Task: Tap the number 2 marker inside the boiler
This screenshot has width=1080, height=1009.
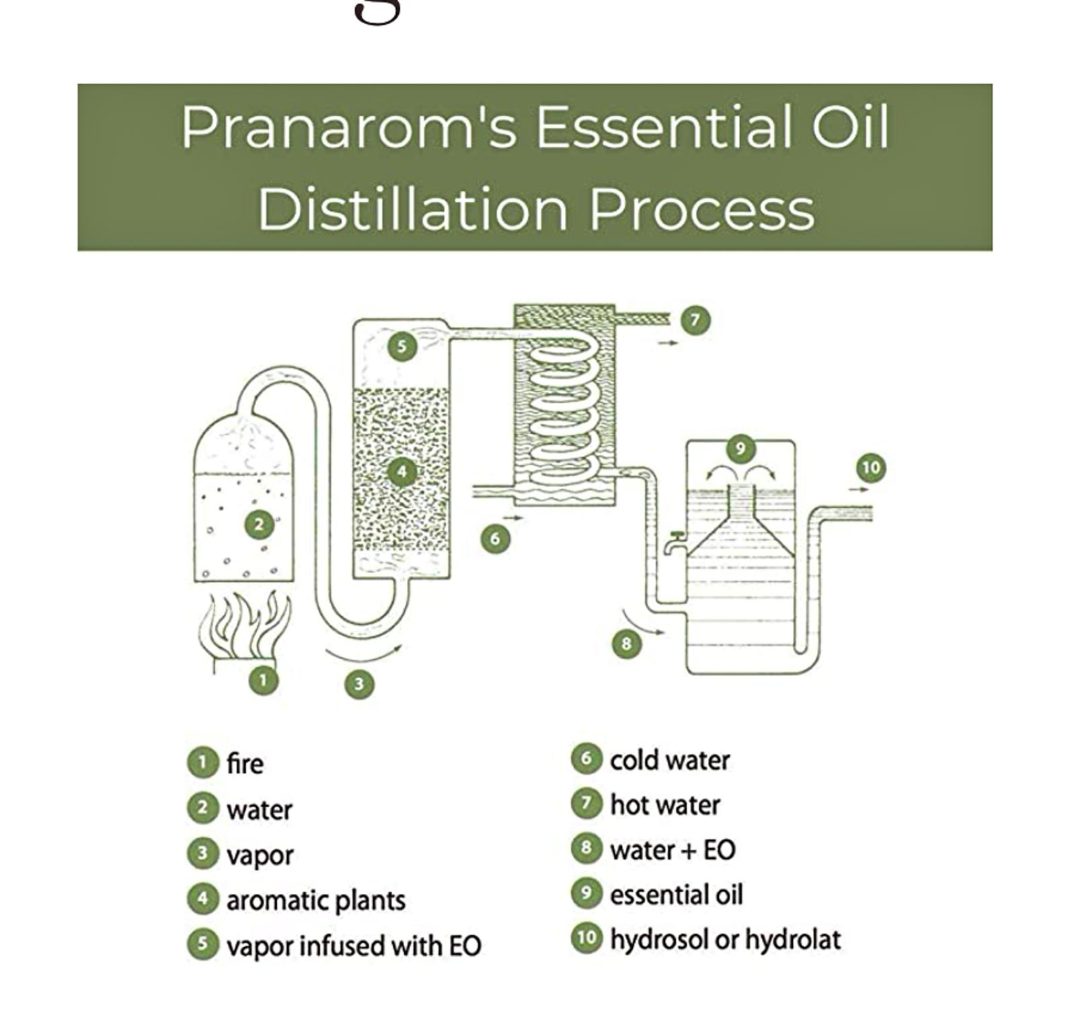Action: click(x=260, y=524)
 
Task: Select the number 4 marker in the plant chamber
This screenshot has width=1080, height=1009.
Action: click(x=402, y=471)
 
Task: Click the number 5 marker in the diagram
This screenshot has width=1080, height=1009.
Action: click(x=402, y=346)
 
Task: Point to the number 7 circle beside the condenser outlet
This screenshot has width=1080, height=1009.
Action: click(x=695, y=320)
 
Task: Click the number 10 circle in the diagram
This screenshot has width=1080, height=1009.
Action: click(x=871, y=468)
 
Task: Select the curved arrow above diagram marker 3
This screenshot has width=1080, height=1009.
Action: click(x=363, y=652)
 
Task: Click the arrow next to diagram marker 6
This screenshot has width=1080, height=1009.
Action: click(x=513, y=518)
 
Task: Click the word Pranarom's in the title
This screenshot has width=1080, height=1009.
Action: click(x=348, y=128)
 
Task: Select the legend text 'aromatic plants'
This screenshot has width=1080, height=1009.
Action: click(x=315, y=900)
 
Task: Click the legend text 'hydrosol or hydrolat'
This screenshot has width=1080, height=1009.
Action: click(x=725, y=939)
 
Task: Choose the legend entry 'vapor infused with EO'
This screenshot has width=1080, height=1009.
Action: click(x=354, y=946)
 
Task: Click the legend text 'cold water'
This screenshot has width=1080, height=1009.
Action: click(x=670, y=761)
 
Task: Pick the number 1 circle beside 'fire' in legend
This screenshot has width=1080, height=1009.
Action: click(x=202, y=762)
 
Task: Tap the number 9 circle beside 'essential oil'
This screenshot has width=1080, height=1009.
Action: click(x=586, y=893)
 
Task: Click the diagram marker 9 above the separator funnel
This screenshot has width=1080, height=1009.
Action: click(x=740, y=448)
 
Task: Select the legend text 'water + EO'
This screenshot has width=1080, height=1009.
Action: click(x=672, y=850)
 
